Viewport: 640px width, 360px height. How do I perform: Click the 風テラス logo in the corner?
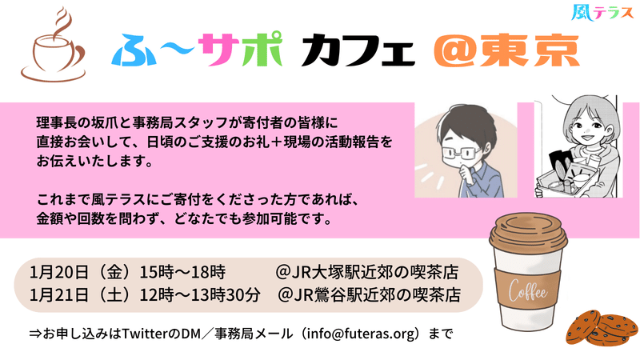tap(602, 13)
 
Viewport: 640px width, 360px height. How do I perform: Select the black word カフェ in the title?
tap(358, 50)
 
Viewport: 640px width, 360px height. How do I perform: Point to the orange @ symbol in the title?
tap(454, 50)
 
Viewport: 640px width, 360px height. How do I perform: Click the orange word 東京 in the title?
tap(530, 50)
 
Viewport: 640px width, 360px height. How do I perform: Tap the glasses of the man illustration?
tap(461, 153)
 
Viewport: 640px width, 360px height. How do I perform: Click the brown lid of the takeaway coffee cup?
tap(528, 231)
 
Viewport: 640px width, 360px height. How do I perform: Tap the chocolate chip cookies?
tap(602, 328)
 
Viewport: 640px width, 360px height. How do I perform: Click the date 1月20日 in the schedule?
tap(58, 272)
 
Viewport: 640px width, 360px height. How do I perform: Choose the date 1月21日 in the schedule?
tap(58, 295)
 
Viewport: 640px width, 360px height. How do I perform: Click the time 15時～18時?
tap(182, 272)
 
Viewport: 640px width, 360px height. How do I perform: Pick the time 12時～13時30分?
tap(200, 295)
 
